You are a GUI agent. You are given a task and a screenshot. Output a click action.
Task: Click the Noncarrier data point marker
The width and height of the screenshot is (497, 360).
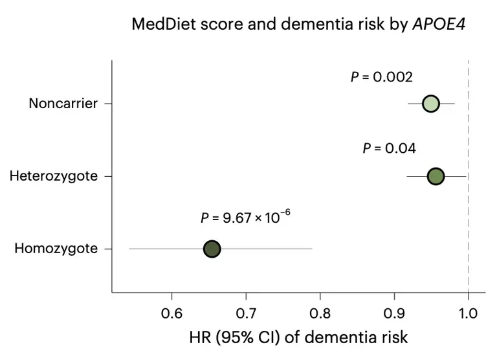[430, 104]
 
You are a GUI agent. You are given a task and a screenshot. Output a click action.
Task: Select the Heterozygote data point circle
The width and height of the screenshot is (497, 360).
[436, 176]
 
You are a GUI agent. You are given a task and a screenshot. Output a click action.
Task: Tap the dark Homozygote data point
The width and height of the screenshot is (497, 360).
[212, 249]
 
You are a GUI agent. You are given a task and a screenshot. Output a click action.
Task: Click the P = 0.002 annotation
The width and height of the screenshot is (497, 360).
[382, 77]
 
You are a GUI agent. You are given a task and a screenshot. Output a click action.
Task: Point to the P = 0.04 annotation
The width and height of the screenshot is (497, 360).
[389, 148]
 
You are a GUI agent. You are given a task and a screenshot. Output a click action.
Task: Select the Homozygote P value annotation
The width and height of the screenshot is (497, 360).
[245, 218]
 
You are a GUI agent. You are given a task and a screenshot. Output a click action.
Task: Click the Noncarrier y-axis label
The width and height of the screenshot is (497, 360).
[62, 104]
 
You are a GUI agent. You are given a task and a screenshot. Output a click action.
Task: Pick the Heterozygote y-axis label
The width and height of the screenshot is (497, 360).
[54, 176]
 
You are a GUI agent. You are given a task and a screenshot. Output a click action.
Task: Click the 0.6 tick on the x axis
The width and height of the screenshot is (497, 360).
[171, 315]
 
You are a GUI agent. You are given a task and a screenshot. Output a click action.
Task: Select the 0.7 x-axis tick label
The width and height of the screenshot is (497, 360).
[246, 315]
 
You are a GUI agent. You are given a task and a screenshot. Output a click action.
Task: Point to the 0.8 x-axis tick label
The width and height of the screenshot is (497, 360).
[320, 315]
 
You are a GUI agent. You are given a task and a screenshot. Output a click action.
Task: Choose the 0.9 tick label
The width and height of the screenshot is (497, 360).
[394, 315]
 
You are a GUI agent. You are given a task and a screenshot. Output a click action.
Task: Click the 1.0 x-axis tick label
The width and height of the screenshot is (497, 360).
[468, 315]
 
